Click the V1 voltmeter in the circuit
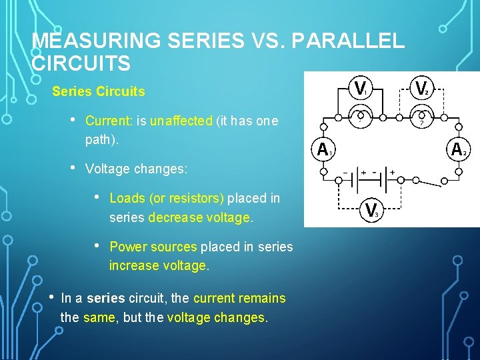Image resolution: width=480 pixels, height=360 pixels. click(361, 87)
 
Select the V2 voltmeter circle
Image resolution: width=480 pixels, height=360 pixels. click(421, 87)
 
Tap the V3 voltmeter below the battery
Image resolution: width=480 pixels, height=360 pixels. click(373, 210)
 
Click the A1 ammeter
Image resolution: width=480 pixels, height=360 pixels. click(325, 149)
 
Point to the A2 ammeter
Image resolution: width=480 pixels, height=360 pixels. click(459, 149)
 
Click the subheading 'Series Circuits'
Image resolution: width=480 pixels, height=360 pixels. click(98, 91)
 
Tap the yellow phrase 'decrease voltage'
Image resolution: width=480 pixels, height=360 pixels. click(199, 217)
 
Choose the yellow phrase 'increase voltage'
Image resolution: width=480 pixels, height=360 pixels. click(158, 265)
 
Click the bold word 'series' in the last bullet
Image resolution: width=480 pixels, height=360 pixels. click(104, 298)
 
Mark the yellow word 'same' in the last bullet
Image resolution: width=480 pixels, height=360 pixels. click(99, 317)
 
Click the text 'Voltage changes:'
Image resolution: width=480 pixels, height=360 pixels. click(136, 169)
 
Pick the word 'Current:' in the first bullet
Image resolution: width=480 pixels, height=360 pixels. click(109, 121)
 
